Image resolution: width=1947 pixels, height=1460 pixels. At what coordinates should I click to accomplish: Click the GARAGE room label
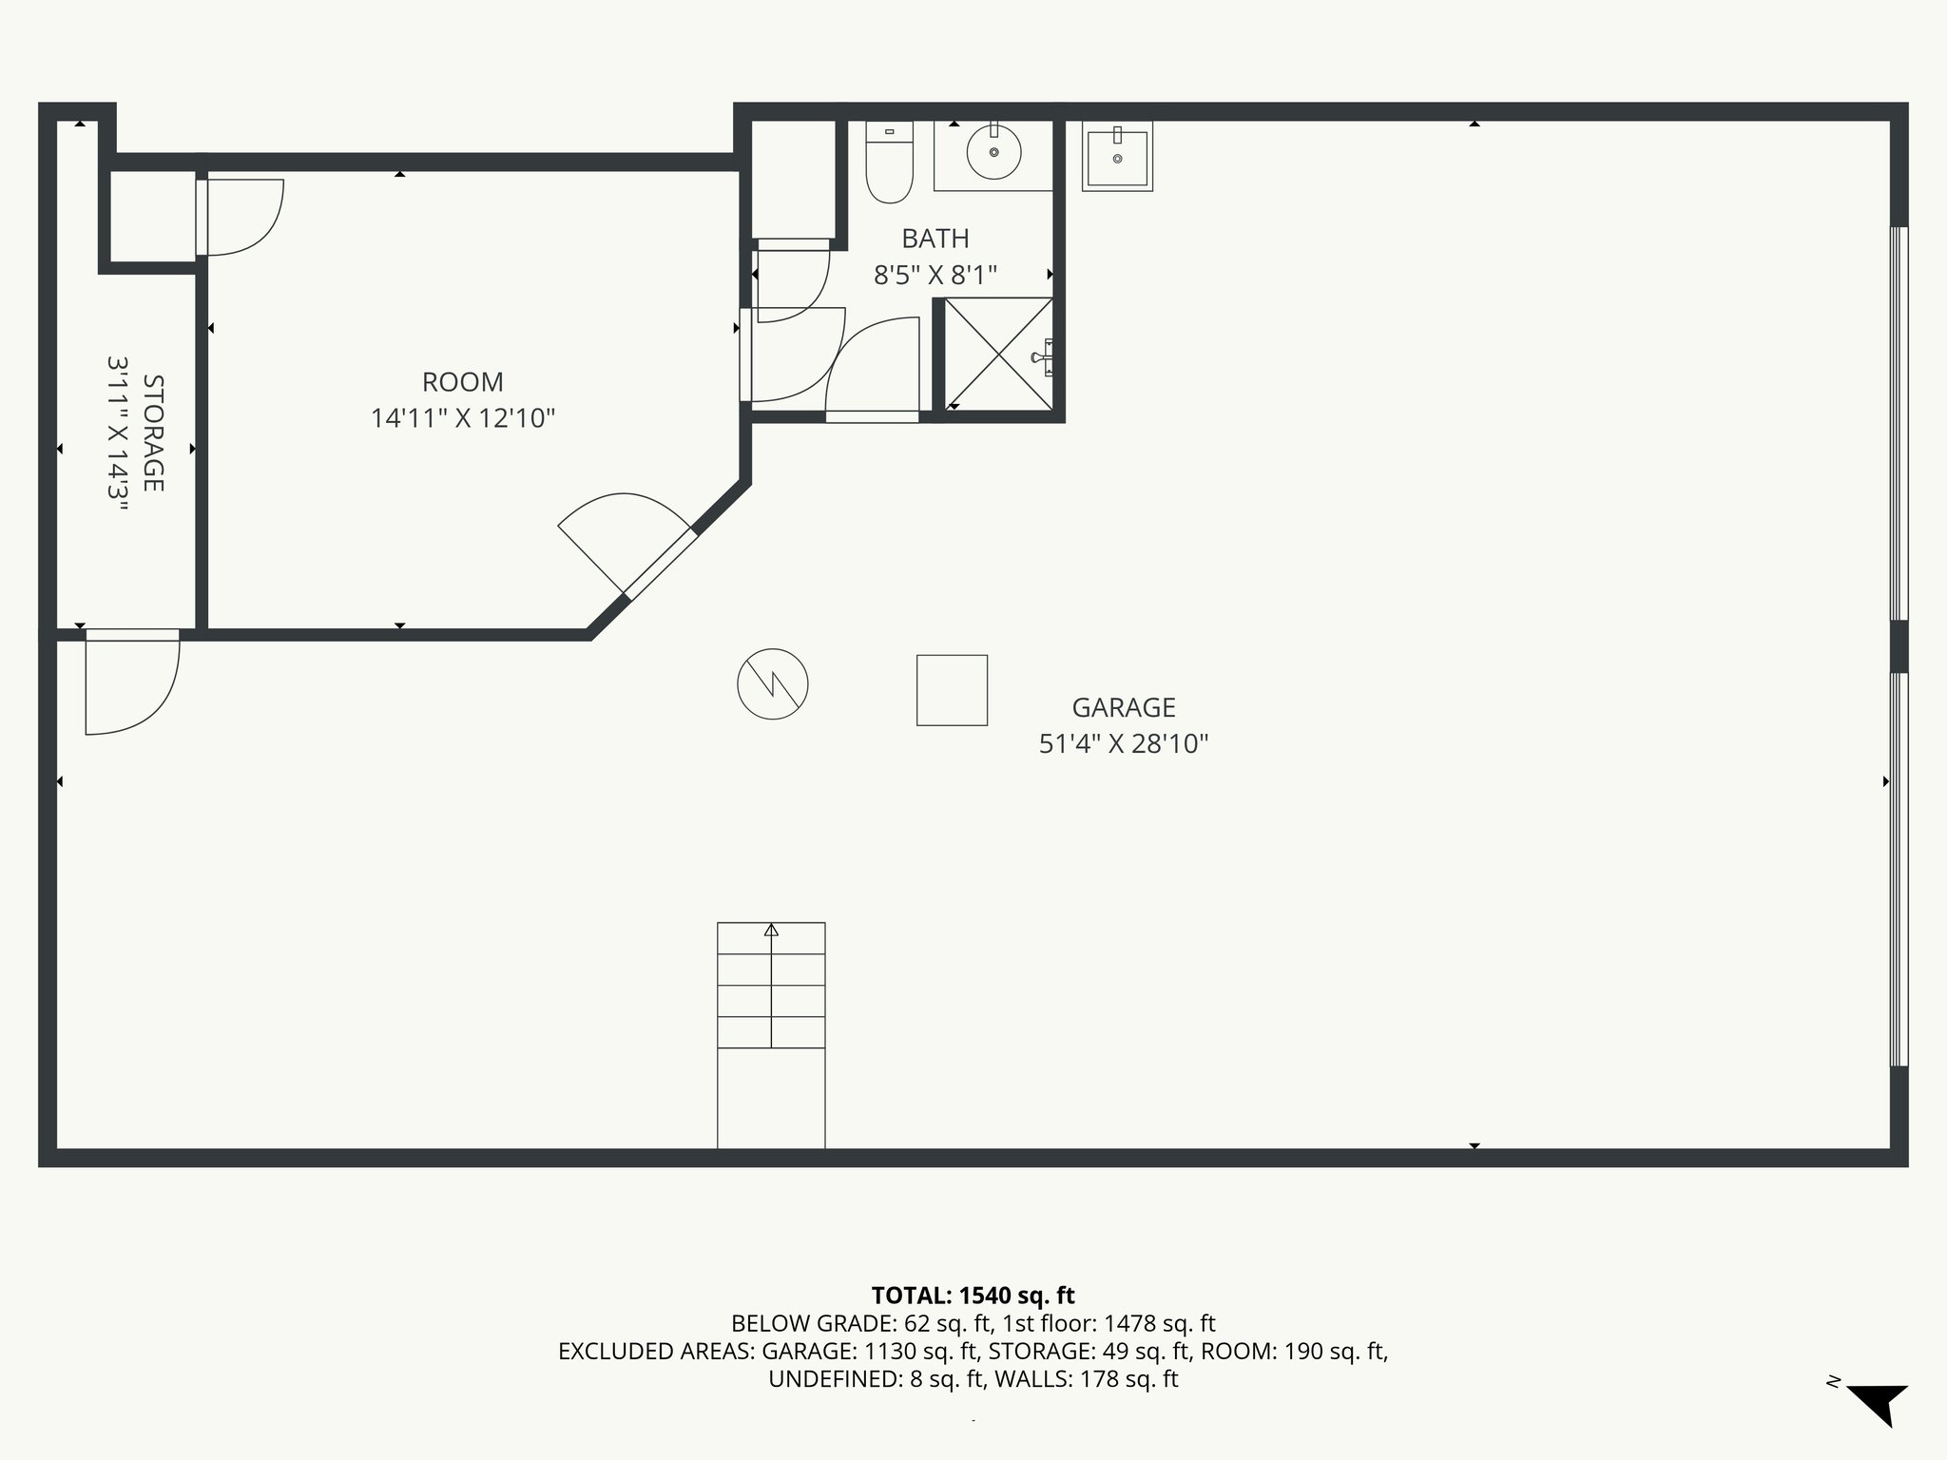[1124, 707]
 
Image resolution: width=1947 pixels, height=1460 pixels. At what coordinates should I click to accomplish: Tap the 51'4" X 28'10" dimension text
[1123, 743]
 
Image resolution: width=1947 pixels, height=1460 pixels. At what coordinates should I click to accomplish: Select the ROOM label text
[462, 382]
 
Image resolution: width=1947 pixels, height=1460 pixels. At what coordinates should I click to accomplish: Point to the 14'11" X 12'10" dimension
[462, 418]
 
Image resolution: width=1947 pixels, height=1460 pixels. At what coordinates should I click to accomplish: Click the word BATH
[935, 239]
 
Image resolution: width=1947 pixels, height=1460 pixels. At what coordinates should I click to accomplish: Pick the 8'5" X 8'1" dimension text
[935, 276]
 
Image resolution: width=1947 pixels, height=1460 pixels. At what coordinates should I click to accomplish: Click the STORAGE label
[153, 433]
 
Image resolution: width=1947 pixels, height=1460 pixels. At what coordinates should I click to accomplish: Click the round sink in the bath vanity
[993, 152]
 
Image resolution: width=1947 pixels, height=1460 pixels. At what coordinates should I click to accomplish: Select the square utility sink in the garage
[1117, 157]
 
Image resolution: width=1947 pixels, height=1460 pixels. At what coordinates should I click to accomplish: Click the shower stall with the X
[998, 354]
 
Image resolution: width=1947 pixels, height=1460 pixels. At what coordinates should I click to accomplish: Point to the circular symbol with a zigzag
[773, 683]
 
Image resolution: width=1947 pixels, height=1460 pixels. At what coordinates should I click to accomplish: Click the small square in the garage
[952, 690]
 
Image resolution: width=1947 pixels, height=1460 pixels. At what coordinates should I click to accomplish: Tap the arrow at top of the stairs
[771, 931]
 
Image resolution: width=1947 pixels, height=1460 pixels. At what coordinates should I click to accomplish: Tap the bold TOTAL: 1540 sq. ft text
[973, 1296]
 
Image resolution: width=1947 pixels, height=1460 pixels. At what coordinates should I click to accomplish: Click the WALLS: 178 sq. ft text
[1086, 1379]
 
